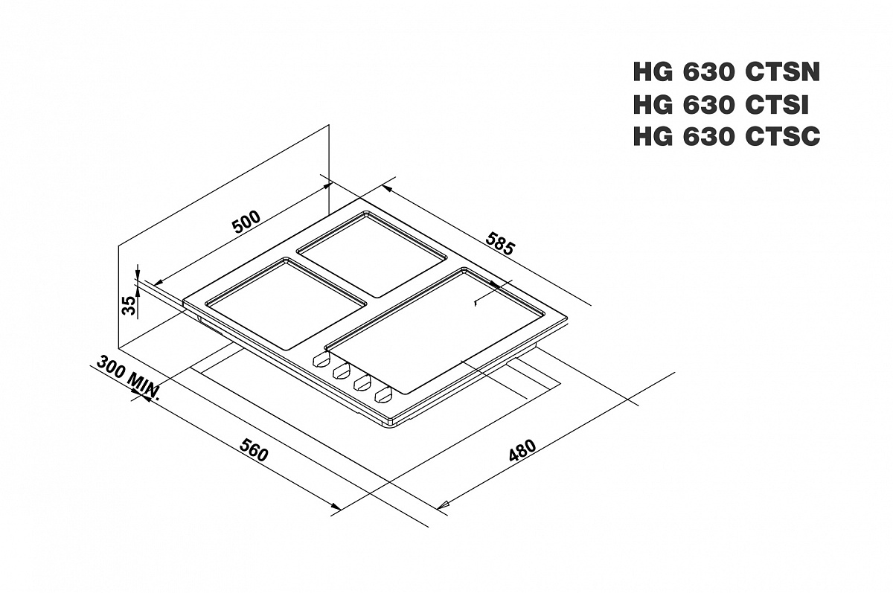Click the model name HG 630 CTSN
(x=726, y=72)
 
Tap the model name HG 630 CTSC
(x=726, y=136)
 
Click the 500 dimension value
(x=246, y=222)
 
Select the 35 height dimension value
(x=129, y=305)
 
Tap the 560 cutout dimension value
(x=254, y=450)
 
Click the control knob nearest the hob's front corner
(x=383, y=394)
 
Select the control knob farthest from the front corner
(x=321, y=360)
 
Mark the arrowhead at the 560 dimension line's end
(x=336, y=507)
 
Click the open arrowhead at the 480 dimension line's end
(x=443, y=505)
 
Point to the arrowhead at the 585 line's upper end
(x=388, y=188)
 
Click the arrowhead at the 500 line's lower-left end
(x=158, y=283)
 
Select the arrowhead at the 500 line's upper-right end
(x=327, y=186)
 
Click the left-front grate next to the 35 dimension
(x=286, y=304)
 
